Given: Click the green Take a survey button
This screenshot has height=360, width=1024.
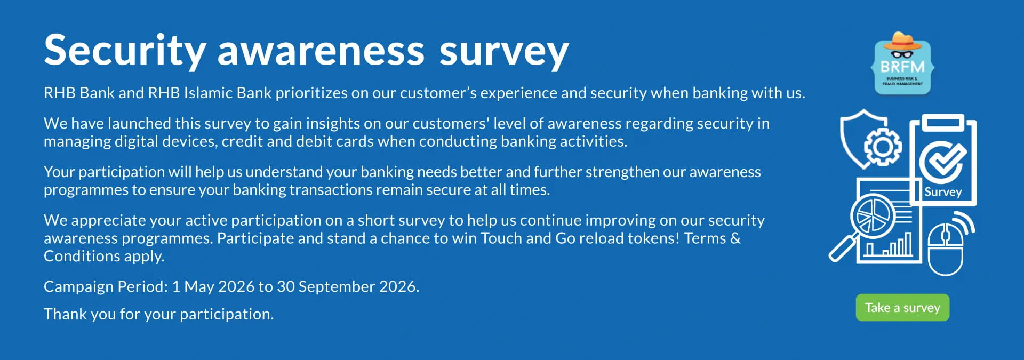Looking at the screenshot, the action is tap(902, 308).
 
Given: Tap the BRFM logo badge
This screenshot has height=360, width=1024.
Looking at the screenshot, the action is tap(902, 63).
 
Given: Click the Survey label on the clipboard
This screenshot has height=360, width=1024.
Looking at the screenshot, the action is tap(943, 192).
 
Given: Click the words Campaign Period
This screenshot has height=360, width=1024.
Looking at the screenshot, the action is tap(106, 287).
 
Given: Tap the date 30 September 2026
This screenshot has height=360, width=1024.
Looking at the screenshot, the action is tap(348, 287).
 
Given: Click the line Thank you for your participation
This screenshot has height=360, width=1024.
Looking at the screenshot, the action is tap(159, 314).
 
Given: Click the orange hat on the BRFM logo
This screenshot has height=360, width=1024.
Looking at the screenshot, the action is tap(902, 41).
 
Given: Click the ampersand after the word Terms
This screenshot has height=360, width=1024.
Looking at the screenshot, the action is tap(735, 238).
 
